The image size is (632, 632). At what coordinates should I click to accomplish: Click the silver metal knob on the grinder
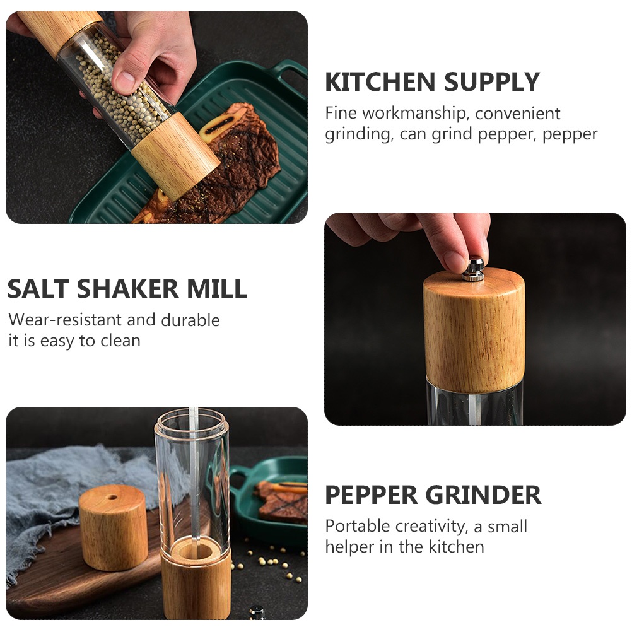(473, 268)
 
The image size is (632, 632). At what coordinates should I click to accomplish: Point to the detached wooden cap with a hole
(114, 527)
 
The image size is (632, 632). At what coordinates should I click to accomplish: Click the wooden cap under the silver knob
(474, 328)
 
